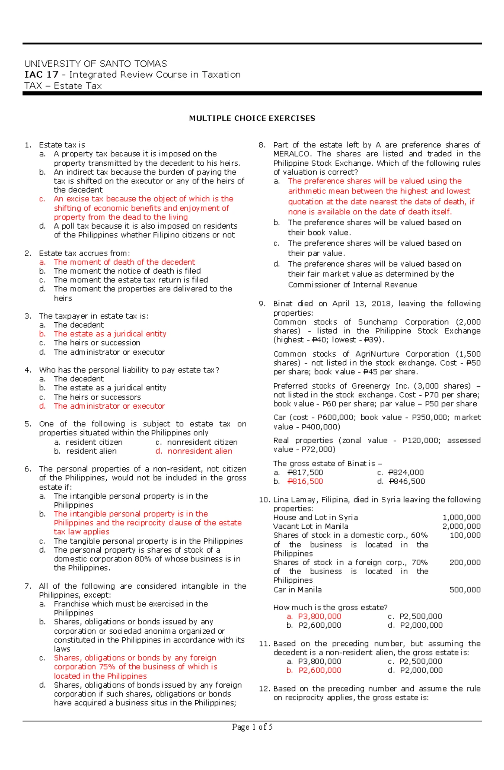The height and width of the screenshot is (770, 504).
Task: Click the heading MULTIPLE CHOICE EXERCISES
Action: (x=252, y=118)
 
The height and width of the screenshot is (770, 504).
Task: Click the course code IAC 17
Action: (x=41, y=75)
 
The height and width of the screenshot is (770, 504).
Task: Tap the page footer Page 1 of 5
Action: (x=252, y=727)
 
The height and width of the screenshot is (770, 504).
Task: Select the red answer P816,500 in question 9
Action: (x=305, y=481)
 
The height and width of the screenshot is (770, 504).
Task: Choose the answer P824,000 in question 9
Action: (x=406, y=472)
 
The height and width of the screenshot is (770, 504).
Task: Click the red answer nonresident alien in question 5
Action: (x=199, y=451)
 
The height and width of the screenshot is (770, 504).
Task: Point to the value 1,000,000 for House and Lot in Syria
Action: (x=461, y=517)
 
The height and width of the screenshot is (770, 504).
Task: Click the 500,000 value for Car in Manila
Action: (x=465, y=590)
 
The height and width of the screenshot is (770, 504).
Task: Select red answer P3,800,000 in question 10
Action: (x=320, y=616)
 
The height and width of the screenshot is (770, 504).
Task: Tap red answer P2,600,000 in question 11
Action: (x=320, y=670)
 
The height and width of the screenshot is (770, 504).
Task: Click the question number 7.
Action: (x=28, y=586)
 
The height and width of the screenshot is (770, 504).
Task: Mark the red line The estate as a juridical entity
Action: (x=110, y=334)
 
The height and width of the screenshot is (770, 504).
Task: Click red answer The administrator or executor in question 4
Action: (x=109, y=406)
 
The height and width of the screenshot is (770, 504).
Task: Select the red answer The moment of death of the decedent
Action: (x=124, y=262)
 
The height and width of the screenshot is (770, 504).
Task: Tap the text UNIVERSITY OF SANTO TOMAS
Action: (x=95, y=64)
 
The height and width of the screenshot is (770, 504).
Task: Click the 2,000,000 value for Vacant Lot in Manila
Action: (x=461, y=526)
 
